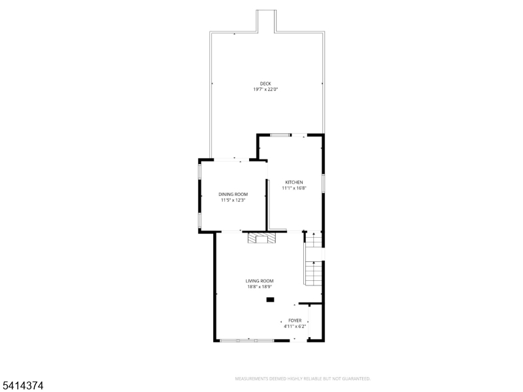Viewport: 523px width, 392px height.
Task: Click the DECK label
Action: [265, 83]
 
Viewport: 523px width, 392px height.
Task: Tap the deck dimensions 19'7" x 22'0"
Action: [265, 89]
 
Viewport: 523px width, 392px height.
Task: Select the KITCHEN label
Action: [294, 182]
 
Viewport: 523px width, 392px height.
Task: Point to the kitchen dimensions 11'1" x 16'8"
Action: [294, 188]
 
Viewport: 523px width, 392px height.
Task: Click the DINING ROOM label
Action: [233, 194]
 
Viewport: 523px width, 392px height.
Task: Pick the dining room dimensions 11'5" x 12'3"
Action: [233, 201]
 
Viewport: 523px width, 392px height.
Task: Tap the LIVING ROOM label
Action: [260, 280]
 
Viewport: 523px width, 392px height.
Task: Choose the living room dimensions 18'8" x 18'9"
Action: [260, 287]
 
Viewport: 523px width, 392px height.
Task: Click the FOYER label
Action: [295, 320]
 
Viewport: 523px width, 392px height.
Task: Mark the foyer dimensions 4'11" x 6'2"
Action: [295, 326]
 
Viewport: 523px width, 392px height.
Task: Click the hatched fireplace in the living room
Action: [261, 238]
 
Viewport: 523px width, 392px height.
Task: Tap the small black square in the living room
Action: [270, 300]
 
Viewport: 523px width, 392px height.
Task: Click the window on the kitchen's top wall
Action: [281, 135]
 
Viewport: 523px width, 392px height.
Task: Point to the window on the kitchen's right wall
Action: [324, 183]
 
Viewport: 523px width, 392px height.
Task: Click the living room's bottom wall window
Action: [246, 340]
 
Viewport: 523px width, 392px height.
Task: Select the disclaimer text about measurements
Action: [303, 378]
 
